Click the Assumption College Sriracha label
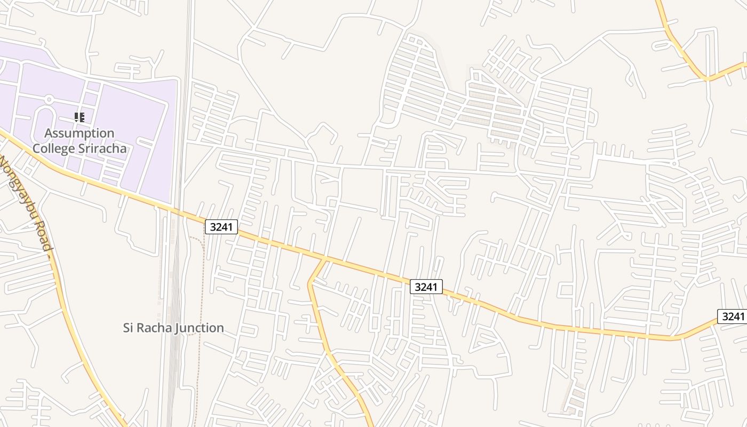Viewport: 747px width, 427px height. pyautogui.click(x=80, y=141)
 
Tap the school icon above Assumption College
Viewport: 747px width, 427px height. pyautogui.click(x=80, y=117)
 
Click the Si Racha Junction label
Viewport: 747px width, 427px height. pyautogui.click(x=173, y=328)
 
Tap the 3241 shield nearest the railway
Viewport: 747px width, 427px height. pyautogui.click(x=221, y=227)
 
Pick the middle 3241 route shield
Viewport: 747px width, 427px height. pyautogui.click(x=426, y=287)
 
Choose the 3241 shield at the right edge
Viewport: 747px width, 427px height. pyautogui.click(x=733, y=316)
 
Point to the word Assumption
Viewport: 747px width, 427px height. pyautogui.click(x=80, y=133)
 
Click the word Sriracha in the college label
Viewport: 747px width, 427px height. pyautogui.click(x=102, y=148)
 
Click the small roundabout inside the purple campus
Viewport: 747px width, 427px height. pyautogui.click(x=49, y=99)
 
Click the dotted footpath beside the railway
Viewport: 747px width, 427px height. pyautogui.click(x=202, y=299)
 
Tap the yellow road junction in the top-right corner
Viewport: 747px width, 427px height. pyautogui.click(x=707, y=78)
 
